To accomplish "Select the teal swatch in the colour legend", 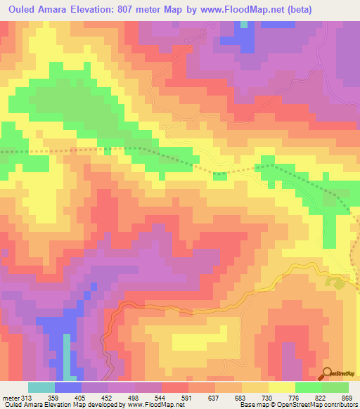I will click(x=41, y=387).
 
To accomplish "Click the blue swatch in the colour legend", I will click(x=68, y=387).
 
